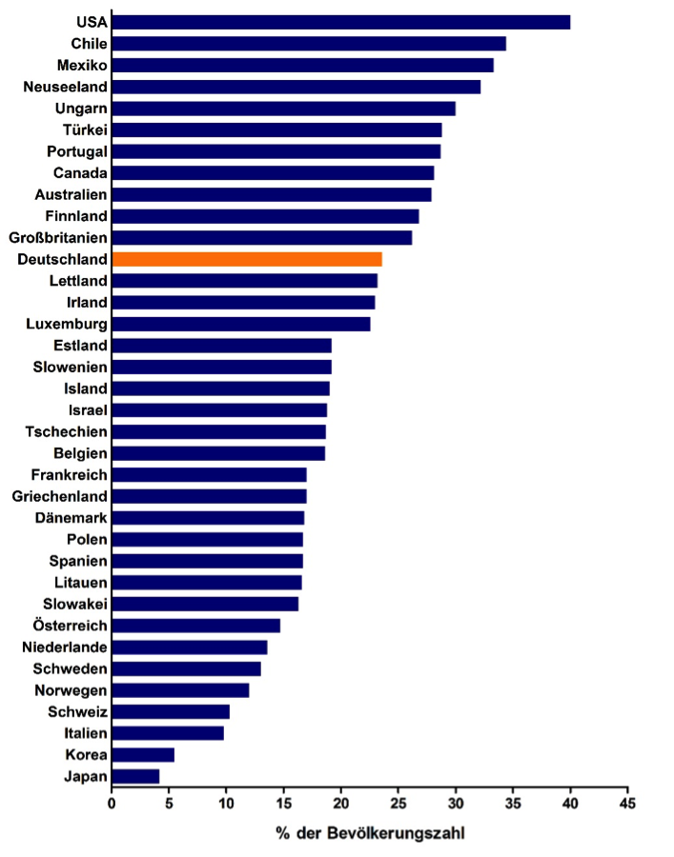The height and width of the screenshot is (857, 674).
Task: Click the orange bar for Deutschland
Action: (x=247, y=259)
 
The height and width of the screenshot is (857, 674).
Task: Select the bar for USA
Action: (x=341, y=22)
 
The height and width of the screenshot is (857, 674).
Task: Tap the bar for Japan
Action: (x=135, y=776)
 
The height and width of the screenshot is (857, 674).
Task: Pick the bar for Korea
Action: (x=143, y=755)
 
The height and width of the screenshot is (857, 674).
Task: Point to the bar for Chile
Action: (x=309, y=43)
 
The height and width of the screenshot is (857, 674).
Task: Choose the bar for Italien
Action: (x=168, y=733)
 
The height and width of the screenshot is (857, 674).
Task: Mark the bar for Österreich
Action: (x=195, y=626)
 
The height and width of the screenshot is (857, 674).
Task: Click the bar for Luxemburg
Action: (x=241, y=324)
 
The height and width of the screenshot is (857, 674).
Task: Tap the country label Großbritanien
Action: (x=58, y=237)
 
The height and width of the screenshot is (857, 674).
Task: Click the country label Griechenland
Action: (x=59, y=496)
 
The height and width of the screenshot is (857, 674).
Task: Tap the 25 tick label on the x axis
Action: (x=398, y=803)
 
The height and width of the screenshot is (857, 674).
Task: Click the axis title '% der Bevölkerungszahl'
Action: (x=370, y=833)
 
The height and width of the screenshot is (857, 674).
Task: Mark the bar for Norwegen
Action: (x=180, y=690)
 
